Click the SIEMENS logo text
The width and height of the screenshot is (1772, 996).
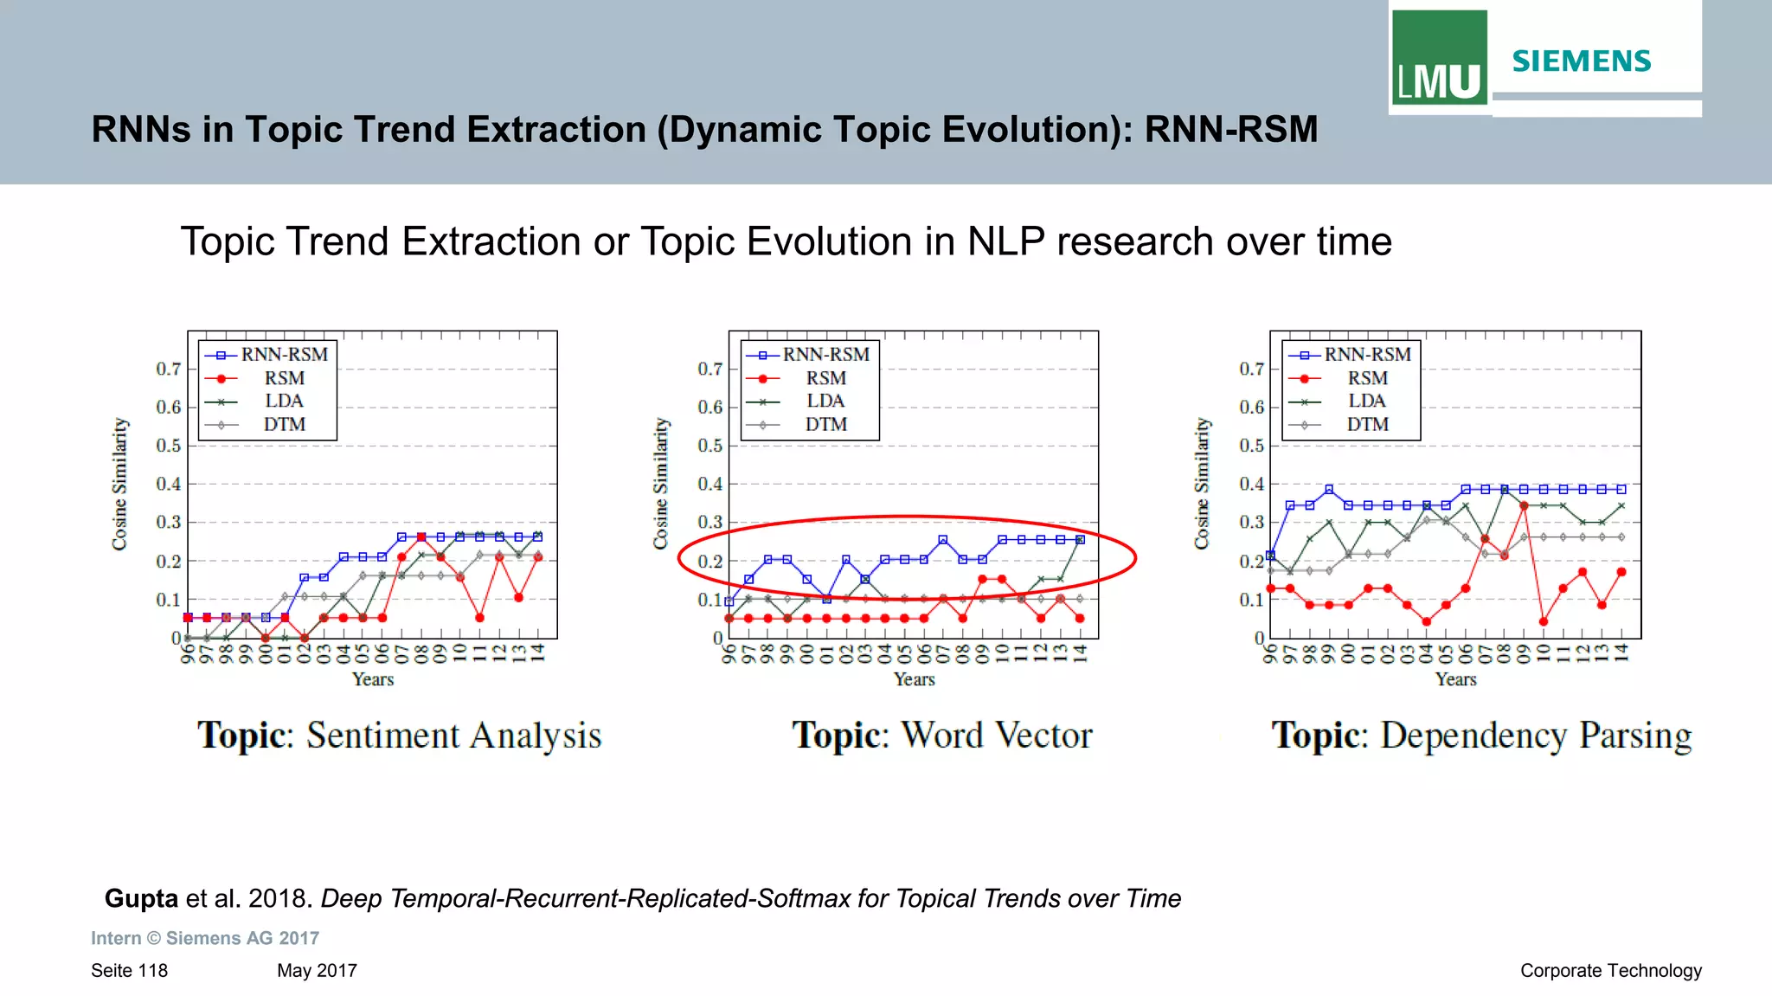coord(1581,61)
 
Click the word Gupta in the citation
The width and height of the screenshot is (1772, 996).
coord(141,898)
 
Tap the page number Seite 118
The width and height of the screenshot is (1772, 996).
coord(129,970)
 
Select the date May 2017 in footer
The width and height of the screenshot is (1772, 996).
coord(317,970)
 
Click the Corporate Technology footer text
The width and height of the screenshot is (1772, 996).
coord(1610,970)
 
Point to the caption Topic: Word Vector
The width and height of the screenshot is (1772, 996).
coord(941,736)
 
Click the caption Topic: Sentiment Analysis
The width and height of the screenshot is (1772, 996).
coord(399,736)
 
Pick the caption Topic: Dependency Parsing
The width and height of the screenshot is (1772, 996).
coord(1480,736)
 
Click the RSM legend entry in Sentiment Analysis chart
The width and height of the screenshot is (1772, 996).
coord(284,378)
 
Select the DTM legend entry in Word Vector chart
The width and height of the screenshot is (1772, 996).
coord(825,424)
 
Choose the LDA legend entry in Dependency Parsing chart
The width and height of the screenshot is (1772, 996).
coord(1366,401)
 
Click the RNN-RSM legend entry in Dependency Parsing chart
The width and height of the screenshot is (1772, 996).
coord(1367,355)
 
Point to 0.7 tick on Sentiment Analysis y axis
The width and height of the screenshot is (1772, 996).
coord(168,369)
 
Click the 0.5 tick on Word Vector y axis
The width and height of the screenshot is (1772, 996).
coord(709,446)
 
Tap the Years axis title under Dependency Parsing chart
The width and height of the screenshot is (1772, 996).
coord(1455,679)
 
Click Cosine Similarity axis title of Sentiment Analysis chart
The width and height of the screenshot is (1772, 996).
coord(119,484)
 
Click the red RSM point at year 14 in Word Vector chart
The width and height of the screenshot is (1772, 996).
coord(1080,618)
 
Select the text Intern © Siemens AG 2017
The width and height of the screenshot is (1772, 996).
coord(205,938)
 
